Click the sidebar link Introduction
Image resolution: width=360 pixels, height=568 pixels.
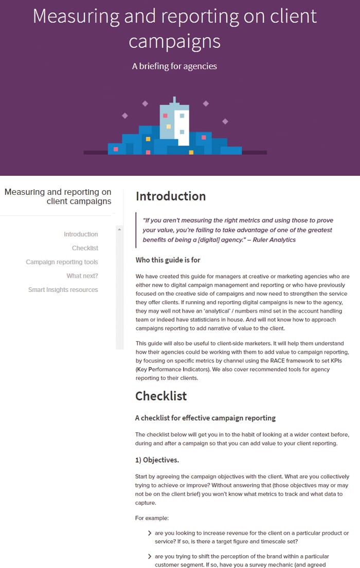(81, 234)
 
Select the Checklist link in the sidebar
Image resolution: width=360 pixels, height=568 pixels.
(85, 248)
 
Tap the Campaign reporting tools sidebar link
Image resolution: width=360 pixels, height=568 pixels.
(62, 262)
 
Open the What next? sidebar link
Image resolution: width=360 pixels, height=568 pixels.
(82, 276)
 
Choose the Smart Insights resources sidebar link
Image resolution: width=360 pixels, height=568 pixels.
(63, 290)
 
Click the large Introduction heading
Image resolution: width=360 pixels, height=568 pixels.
(170, 196)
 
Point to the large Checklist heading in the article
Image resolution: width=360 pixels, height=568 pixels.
(161, 396)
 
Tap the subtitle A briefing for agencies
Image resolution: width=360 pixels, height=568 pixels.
(174, 66)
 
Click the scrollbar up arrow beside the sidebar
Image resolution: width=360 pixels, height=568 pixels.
(120, 229)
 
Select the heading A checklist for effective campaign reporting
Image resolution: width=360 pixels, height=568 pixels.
(205, 418)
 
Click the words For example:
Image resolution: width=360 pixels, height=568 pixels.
(151, 518)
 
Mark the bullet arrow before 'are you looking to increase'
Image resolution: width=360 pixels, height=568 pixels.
(150, 533)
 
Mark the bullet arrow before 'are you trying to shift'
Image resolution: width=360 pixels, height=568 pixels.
(150, 556)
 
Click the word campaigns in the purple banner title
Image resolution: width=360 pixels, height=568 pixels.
(174, 41)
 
